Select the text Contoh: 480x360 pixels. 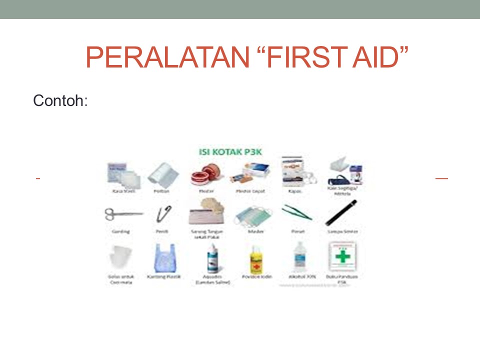pyautogui.click(x=60, y=101)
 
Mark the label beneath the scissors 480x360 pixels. pyautogui.click(x=121, y=231)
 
